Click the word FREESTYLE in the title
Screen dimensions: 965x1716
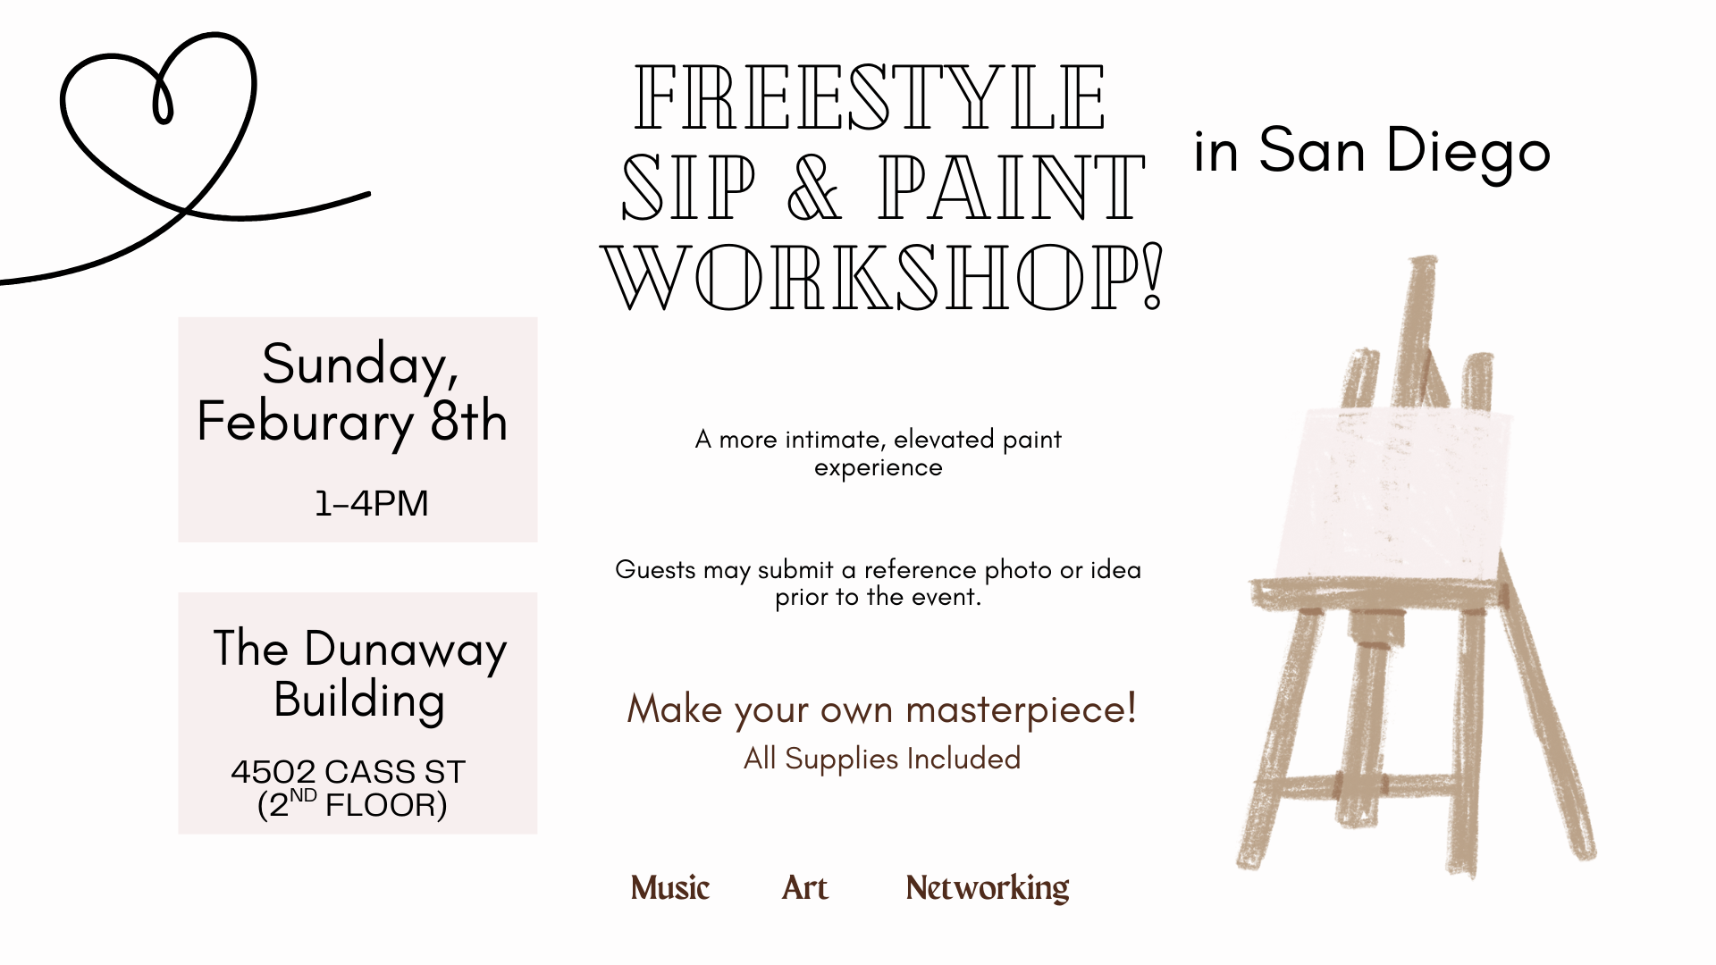coord(871,97)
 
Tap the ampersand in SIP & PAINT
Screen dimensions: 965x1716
coord(814,188)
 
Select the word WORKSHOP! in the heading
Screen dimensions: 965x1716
coord(882,276)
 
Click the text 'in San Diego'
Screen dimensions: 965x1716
coord(1371,150)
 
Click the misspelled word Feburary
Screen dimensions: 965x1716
coord(305,422)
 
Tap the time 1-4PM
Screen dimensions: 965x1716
coord(371,503)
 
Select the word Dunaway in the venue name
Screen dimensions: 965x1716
coord(405,650)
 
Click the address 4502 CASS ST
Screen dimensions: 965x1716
coord(348,771)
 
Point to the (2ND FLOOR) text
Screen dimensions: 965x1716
coord(351,804)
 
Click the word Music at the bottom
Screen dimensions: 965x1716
coord(669,887)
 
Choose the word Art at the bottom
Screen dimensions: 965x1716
coord(804,887)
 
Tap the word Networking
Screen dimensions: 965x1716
coord(987,887)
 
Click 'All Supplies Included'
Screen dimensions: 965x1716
coord(881,759)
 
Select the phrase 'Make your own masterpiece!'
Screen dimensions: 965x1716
coord(881,709)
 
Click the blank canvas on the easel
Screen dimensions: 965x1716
coord(1392,496)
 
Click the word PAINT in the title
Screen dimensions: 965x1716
coord(1011,188)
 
